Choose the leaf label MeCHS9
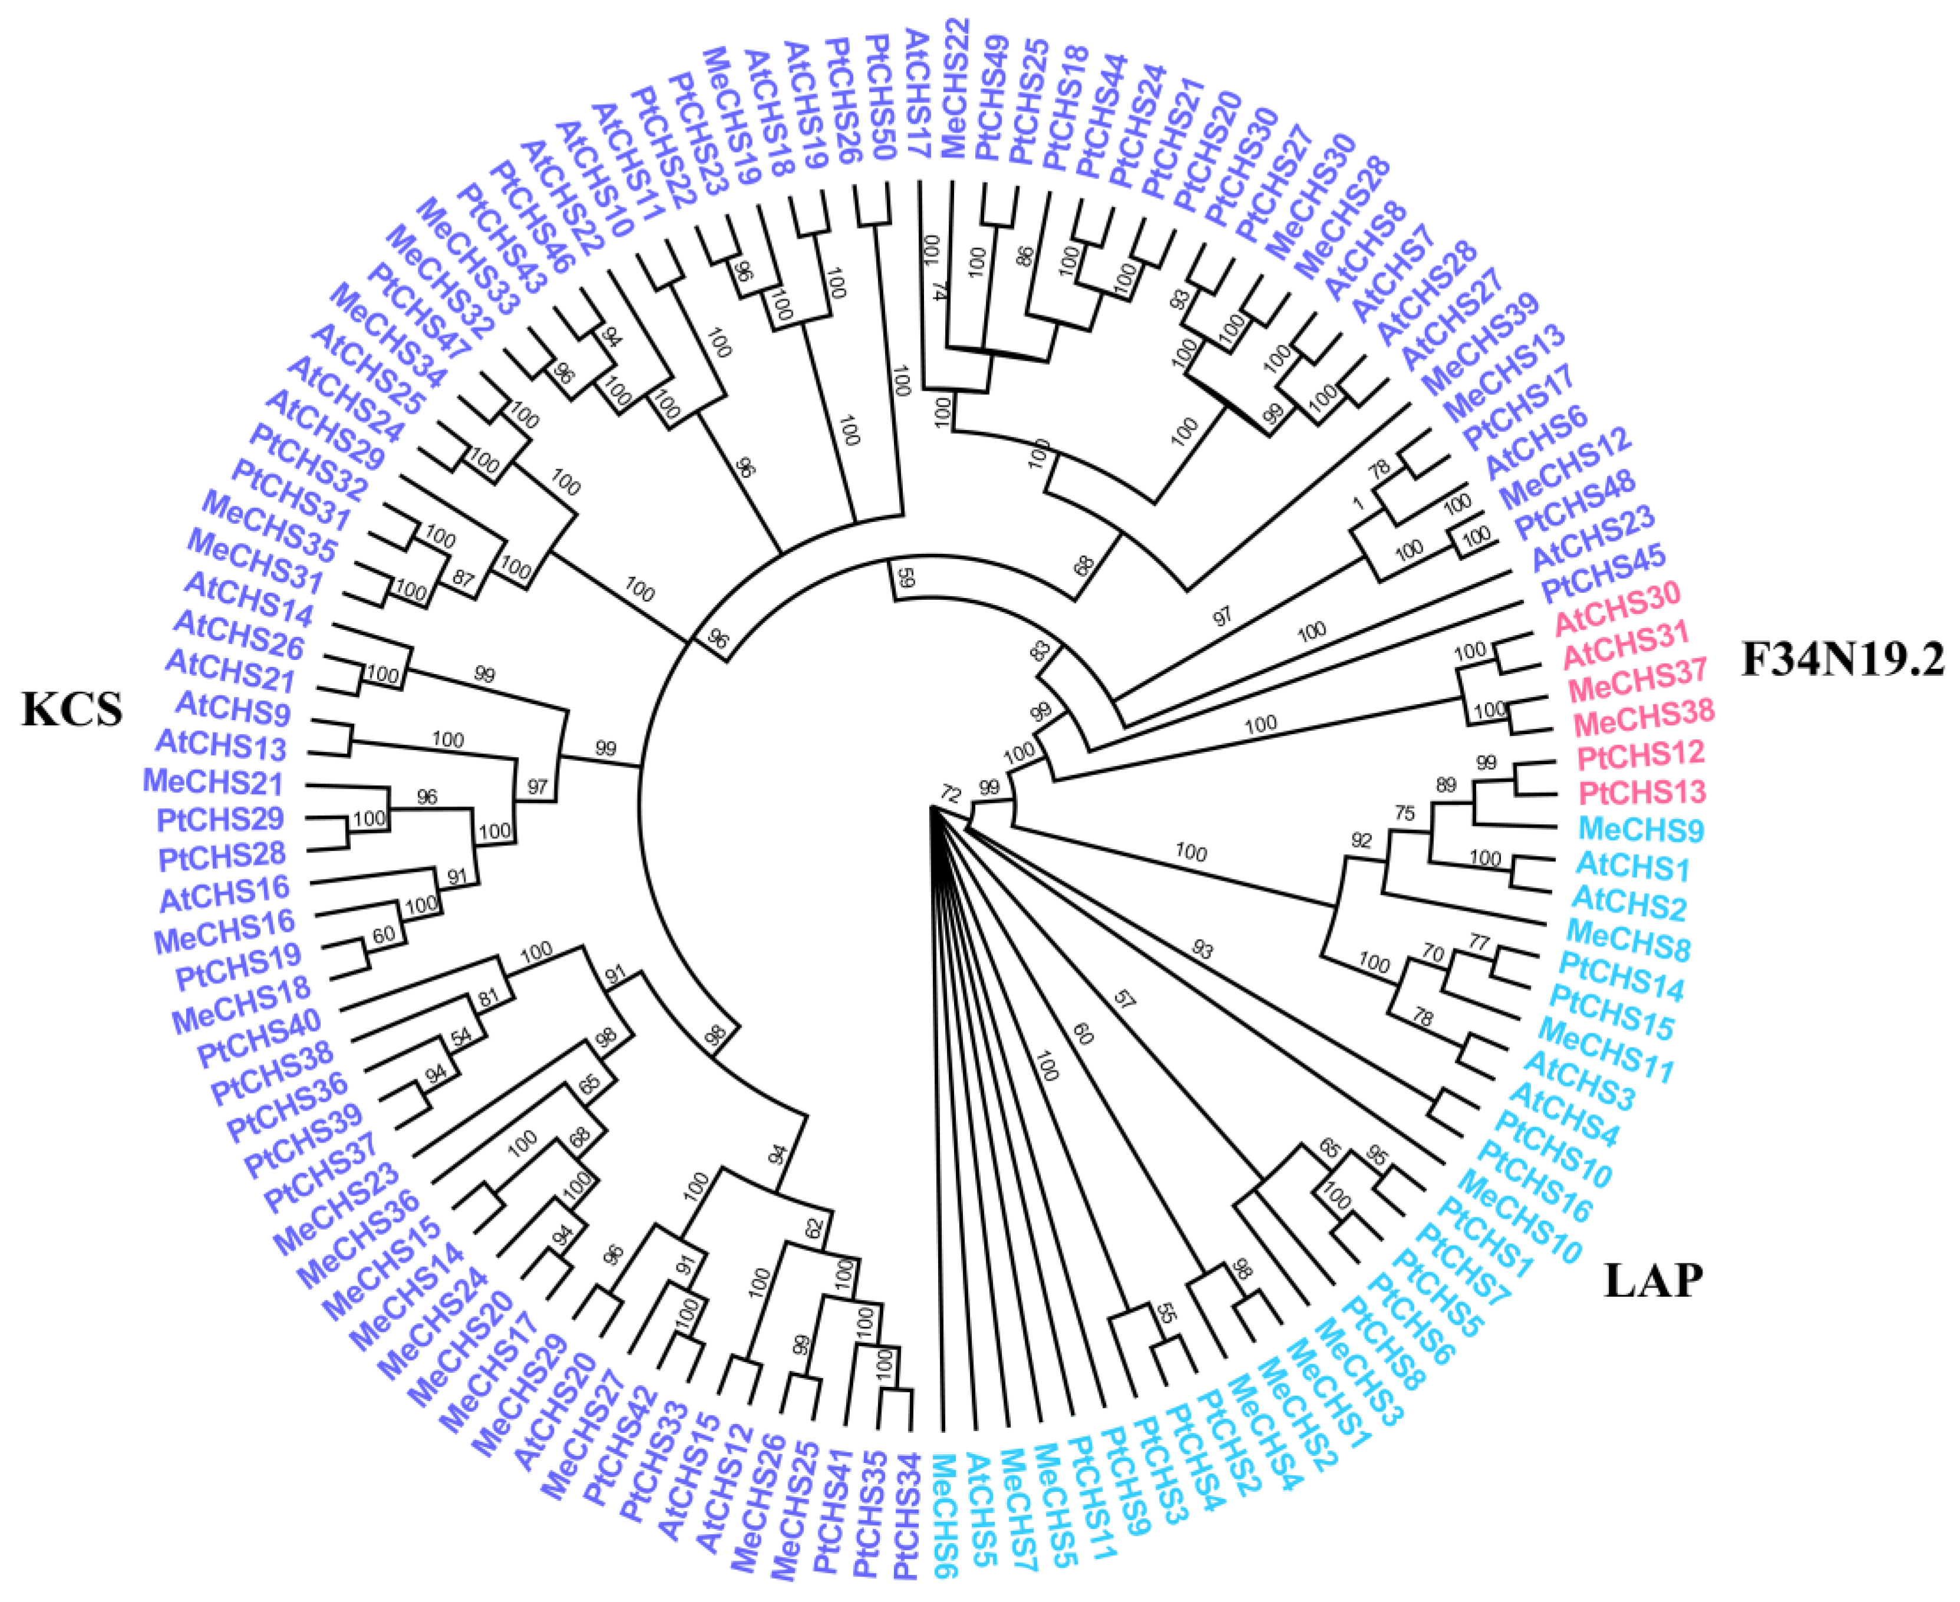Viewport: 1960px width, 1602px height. tap(1640, 830)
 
